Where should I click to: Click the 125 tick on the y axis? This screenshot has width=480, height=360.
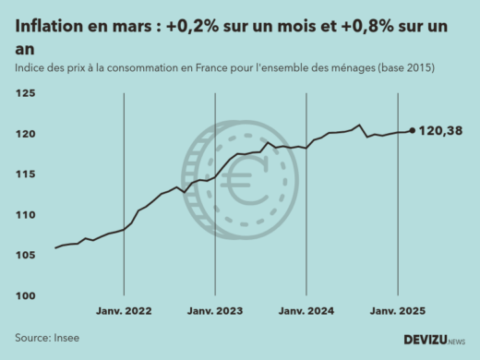tap(25, 94)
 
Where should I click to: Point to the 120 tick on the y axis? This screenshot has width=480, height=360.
tap(25, 134)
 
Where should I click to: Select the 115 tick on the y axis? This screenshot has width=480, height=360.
tap(25, 174)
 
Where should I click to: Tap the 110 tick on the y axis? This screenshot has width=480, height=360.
tap(25, 215)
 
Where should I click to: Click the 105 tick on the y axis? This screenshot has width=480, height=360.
tap(25, 255)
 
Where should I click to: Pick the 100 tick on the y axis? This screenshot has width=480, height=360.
tap(25, 295)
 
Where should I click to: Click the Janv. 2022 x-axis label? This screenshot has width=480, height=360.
tap(124, 312)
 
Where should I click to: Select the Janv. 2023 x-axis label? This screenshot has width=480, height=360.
tap(215, 312)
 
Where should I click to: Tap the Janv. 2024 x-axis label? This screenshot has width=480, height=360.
tap(306, 312)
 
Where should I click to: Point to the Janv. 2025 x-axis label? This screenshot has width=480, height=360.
tap(397, 312)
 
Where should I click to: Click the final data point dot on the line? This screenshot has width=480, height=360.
tap(412, 130)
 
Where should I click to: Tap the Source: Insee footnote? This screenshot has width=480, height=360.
tap(47, 338)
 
